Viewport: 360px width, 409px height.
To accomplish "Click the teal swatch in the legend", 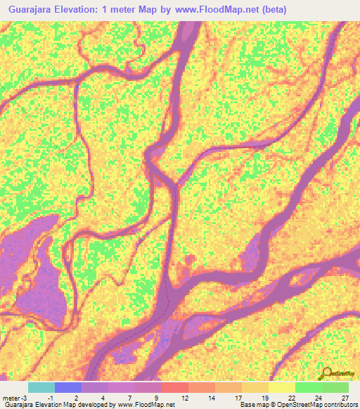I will [x=41, y=387].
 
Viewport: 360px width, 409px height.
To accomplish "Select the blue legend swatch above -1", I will [x=68, y=387].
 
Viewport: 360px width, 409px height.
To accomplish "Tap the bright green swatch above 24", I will [x=309, y=387].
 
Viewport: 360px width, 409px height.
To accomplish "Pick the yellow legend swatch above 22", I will [x=282, y=387].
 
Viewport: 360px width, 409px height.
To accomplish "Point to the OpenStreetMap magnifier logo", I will [x=327, y=373].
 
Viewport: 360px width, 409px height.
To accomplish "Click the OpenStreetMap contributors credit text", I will [x=310, y=405].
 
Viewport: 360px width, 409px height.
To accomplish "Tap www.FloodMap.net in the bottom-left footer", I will [x=147, y=405].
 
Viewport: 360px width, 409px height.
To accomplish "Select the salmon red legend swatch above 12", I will [x=175, y=387].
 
